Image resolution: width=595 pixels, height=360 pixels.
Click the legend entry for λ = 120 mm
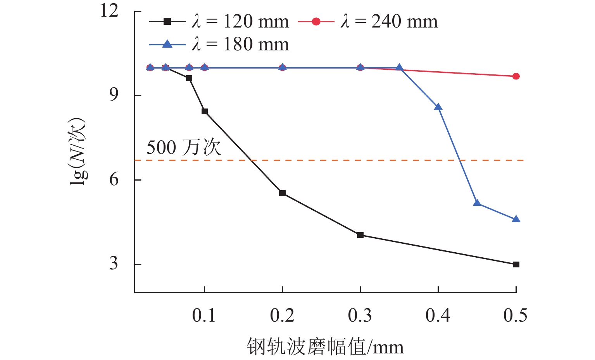[219, 22]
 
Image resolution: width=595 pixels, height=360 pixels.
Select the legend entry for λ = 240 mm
[368, 22]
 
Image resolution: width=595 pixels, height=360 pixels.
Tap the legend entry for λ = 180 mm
[219, 45]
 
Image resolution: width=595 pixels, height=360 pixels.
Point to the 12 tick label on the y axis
[109, 10]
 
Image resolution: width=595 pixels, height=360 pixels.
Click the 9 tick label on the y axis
[114, 95]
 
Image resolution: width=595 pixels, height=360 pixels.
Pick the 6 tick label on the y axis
[114, 179]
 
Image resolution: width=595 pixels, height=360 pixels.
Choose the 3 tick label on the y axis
[114, 264]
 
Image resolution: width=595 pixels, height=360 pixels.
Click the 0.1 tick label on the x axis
[204, 316]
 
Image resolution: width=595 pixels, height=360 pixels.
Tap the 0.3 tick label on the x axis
[360, 316]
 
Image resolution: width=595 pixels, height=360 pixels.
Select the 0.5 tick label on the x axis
[516, 316]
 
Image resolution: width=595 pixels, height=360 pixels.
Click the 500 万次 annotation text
[184, 148]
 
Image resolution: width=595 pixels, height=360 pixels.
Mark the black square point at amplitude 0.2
[283, 193]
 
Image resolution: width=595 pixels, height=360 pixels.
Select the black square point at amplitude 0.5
[516, 264]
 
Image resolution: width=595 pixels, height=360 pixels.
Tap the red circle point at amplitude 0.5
[516, 76]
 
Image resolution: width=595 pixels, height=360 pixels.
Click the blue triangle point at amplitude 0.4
[438, 107]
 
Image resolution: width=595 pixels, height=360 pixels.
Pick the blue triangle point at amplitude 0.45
[477, 203]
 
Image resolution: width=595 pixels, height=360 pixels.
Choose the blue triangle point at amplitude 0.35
[399, 68]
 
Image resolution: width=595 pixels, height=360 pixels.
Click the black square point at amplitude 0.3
[360, 235]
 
